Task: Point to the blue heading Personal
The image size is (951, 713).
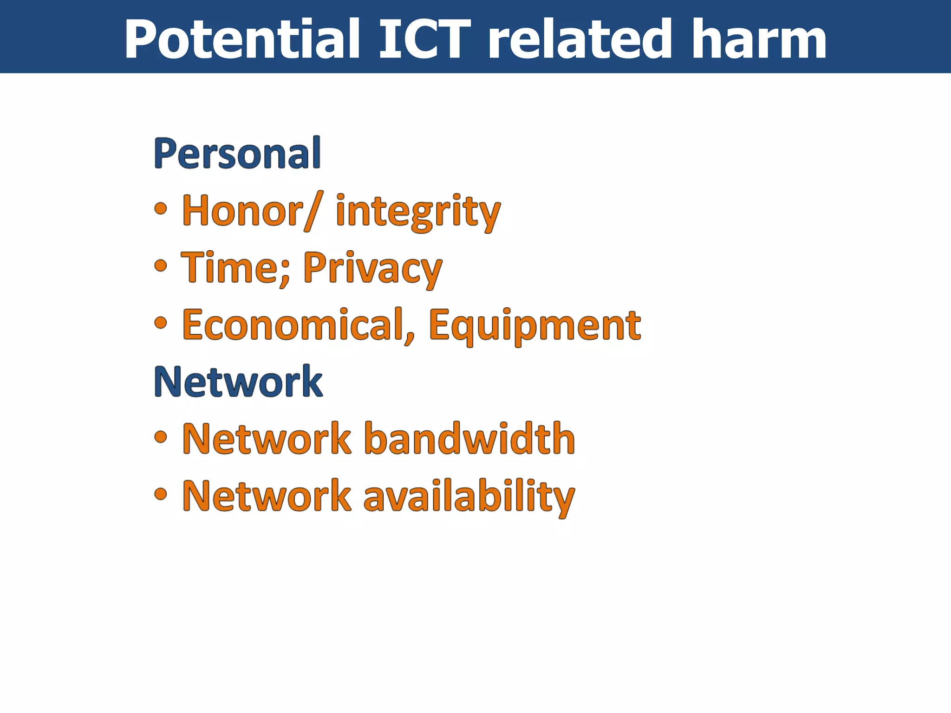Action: coord(237,153)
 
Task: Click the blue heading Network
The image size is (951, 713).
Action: coord(238,382)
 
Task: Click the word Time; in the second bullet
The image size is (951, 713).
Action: coord(236,268)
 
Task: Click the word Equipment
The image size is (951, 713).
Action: coord(534,326)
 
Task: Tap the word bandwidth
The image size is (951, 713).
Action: coord(469,439)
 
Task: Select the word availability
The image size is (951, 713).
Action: coord(469,496)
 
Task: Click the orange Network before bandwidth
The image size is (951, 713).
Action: coord(267,439)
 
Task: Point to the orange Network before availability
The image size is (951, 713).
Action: coord(267,496)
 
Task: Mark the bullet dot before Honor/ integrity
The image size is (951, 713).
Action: coord(160,208)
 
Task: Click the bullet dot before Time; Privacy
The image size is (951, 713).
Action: coord(160,266)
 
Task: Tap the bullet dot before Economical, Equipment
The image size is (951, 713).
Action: coord(160,323)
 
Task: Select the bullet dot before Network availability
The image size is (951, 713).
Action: coord(160,494)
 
